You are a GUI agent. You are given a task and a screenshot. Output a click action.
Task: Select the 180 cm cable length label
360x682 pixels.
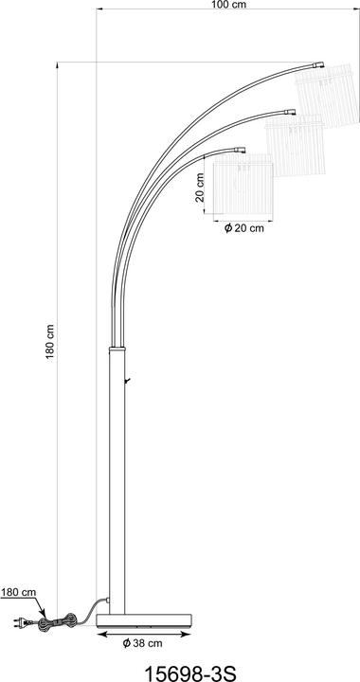[18, 592]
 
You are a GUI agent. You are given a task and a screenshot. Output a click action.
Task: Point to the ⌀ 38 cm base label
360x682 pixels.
[142, 644]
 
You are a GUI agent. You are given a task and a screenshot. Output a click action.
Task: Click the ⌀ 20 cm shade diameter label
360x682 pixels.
[243, 229]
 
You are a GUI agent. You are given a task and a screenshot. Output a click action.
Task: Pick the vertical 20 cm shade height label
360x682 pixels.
[200, 188]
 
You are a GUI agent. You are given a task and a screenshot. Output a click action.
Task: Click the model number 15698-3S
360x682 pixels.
[189, 673]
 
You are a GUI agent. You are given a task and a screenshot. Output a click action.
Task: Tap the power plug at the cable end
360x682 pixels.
[21, 623]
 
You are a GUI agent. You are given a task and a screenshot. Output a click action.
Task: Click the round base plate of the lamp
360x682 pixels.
[144, 619]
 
